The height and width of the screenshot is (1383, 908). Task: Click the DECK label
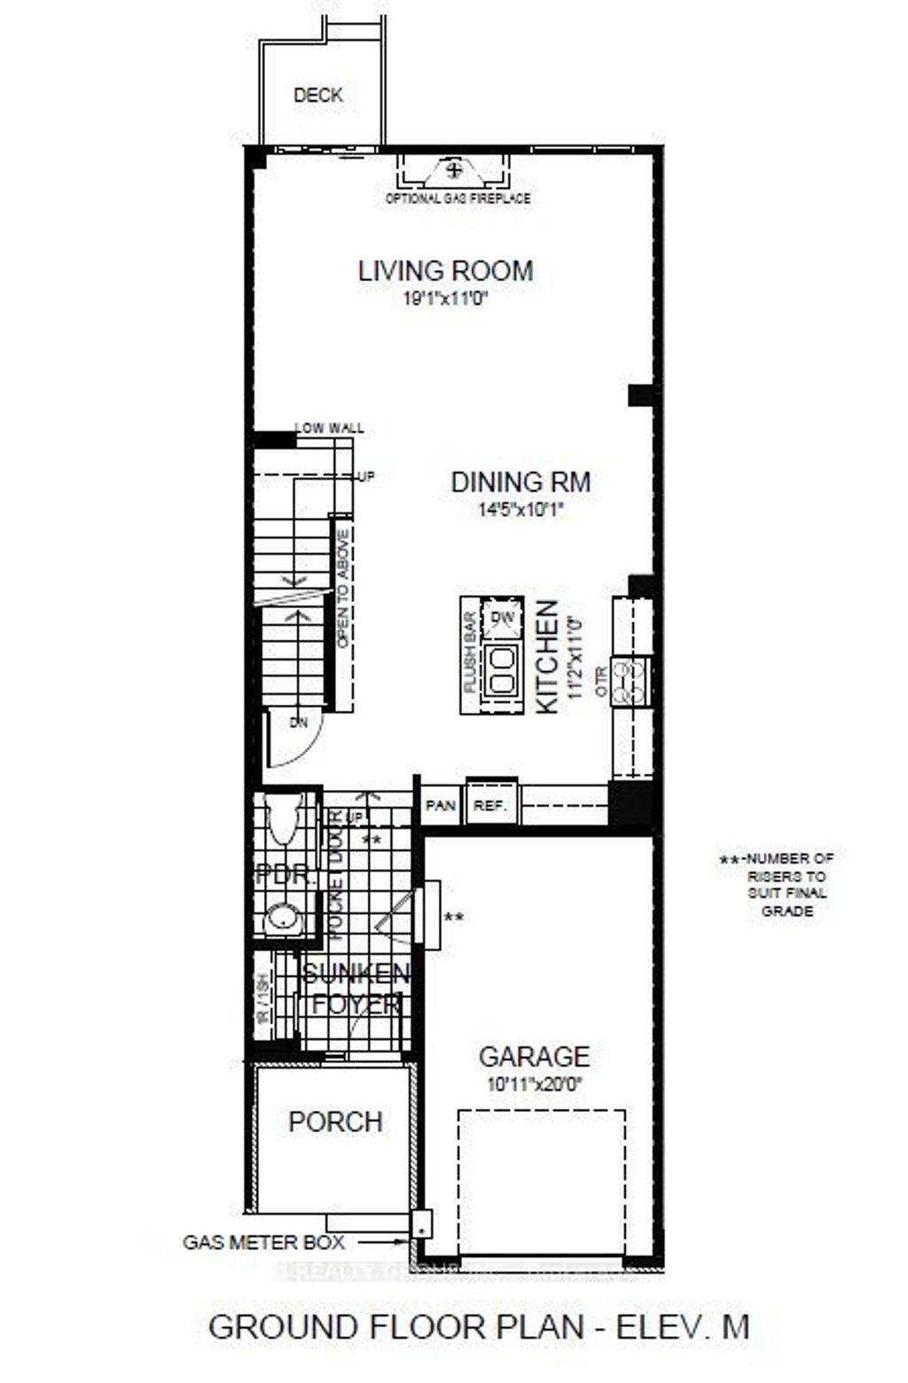pyautogui.click(x=318, y=96)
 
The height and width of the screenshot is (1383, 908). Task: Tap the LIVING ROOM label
pyautogui.click(x=446, y=270)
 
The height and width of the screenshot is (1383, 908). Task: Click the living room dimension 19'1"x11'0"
pyautogui.click(x=446, y=300)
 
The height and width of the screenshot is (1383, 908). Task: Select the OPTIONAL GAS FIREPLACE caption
pyautogui.click(x=458, y=199)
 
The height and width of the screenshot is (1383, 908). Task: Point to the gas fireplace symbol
pyautogui.click(x=454, y=168)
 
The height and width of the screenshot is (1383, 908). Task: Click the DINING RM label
pyautogui.click(x=521, y=482)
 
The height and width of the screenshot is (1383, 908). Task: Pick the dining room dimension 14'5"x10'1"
pyautogui.click(x=521, y=510)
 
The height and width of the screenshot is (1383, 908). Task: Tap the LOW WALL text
pyautogui.click(x=329, y=428)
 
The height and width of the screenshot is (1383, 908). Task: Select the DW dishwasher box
pyautogui.click(x=502, y=617)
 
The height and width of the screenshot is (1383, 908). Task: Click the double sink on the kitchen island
pyautogui.click(x=501, y=668)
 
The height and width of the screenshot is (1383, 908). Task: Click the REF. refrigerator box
pyautogui.click(x=490, y=806)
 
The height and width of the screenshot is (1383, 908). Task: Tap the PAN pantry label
pyautogui.click(x=441, y=806)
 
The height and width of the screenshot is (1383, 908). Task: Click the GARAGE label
pyautogui.click(x=534, y=1057)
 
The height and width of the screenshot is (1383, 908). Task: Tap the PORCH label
pyautogui.click(x=336, y=1121)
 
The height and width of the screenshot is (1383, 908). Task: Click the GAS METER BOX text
pyautogui.click(x=263, y=1242)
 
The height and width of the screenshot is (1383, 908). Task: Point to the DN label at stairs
pyautogui.click(x=299, y=723)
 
